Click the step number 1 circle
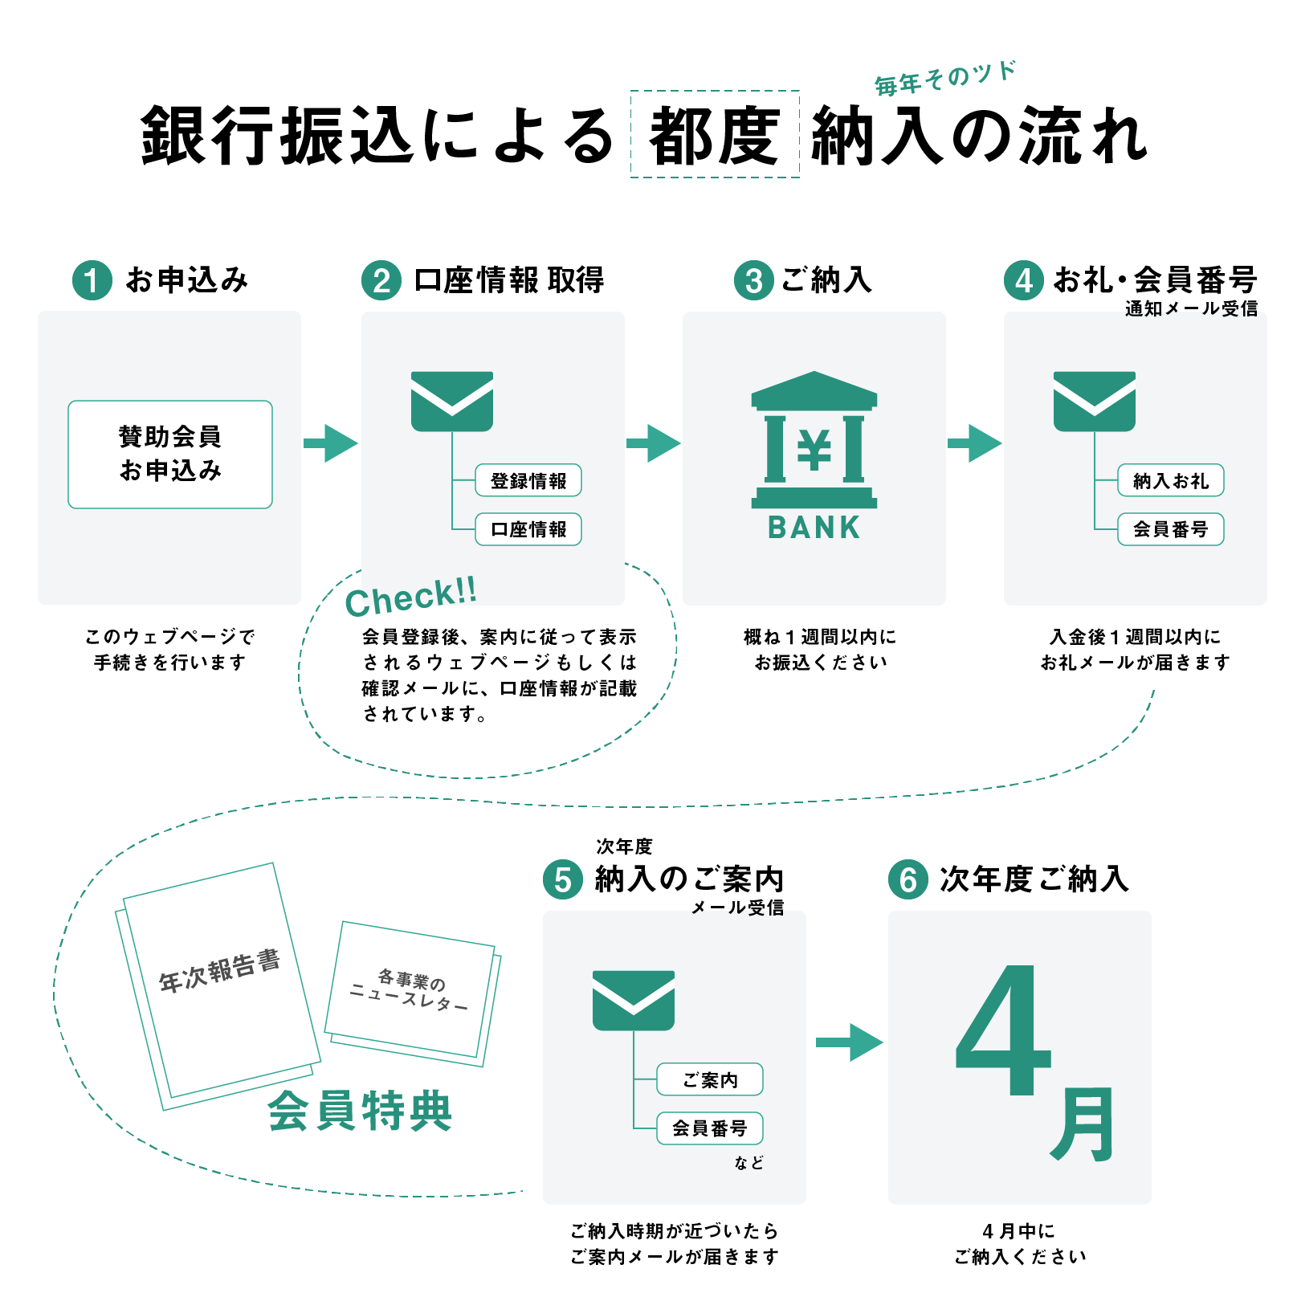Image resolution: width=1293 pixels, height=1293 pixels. [92, 280]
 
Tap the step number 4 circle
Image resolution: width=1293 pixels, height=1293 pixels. [1024, 280]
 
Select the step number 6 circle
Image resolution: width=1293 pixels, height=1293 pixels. [908, 879]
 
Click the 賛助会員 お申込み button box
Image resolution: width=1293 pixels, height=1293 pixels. [170, 455]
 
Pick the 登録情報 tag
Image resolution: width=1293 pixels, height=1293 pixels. [528, 480]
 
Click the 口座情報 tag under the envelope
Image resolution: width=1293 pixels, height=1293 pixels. [528, 529]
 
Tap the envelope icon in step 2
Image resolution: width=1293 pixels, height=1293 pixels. [452, 402]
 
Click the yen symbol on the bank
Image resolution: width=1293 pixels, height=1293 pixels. [814, 450]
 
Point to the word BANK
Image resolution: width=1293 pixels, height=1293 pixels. [814, 528]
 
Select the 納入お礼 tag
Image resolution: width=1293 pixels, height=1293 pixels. [1171, 480]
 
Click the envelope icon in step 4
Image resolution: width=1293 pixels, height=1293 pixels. [1095, 402]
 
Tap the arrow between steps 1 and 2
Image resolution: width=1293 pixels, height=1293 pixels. [331, 443]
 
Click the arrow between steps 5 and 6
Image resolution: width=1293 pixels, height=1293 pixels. [850, 1042]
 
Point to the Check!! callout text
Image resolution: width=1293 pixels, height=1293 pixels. [411, 597]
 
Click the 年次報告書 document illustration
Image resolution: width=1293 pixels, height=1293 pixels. [218, 986]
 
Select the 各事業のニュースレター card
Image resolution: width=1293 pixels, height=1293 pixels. [413, 993]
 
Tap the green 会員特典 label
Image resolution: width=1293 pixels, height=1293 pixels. [361, 1111]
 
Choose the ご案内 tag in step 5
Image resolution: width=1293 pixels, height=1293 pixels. [710, 1079]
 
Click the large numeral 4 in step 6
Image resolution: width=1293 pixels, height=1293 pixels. [1003, 1031]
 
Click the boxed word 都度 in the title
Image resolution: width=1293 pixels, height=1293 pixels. [715, 135]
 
